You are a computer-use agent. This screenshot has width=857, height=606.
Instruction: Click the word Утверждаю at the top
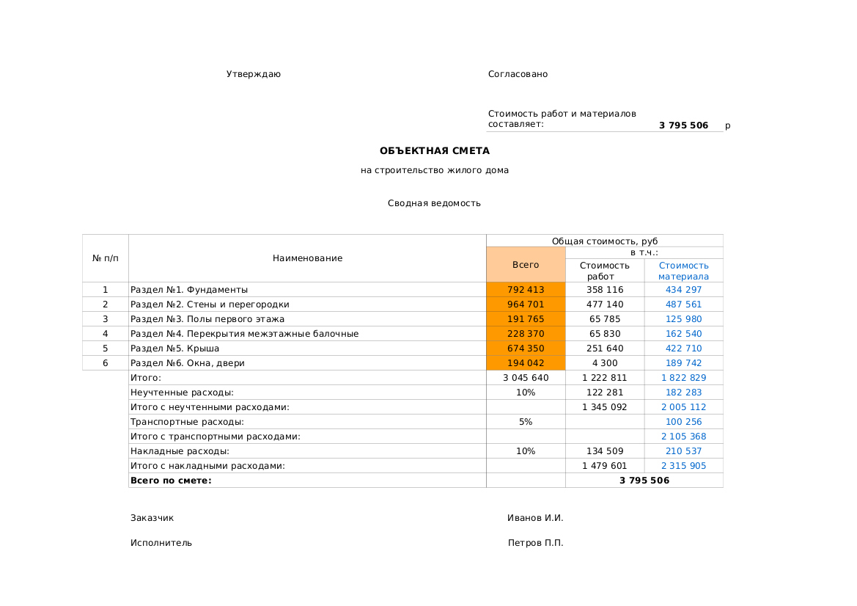click(x=253, y=74)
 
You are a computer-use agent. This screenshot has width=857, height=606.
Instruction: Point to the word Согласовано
click(x=518, y=74)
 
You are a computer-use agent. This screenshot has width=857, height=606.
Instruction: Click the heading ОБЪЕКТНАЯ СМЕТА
click(x=434, y=151)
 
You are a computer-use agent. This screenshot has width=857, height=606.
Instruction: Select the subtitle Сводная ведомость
click(x=434, y=203)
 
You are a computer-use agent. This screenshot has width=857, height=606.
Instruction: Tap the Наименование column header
click(x=307, y=258)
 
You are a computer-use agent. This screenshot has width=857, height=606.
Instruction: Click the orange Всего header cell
click(x=526, y=265)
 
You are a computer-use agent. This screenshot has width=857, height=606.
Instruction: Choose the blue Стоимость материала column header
click(x=683, y=271)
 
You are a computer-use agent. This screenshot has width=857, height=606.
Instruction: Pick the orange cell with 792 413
click(x=526, y=290)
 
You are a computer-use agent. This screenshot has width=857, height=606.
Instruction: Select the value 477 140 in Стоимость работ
click(x=605, y=304)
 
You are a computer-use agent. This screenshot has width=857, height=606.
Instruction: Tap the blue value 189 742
click(x=683, y=363)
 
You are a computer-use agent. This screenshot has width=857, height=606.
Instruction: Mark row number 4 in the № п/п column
click(x=105, y=334)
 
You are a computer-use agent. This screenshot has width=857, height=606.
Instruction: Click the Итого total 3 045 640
click(x=526, y=378)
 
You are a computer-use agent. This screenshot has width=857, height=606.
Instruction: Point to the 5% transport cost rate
click(x=526, y=422)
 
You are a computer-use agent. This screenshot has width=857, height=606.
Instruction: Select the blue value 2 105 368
click(x=683, y=437)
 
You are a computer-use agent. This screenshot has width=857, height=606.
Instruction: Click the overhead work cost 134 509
click(x=605, y=451)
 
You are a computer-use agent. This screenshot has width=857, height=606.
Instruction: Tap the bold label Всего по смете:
click(x=171, y=481)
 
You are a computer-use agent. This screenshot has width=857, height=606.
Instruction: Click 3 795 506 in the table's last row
click(x=644, y=481)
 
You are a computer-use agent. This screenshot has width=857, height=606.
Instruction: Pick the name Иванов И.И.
click(x=535, y=518)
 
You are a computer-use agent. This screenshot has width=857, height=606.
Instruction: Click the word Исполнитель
click(x=161, y=543)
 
